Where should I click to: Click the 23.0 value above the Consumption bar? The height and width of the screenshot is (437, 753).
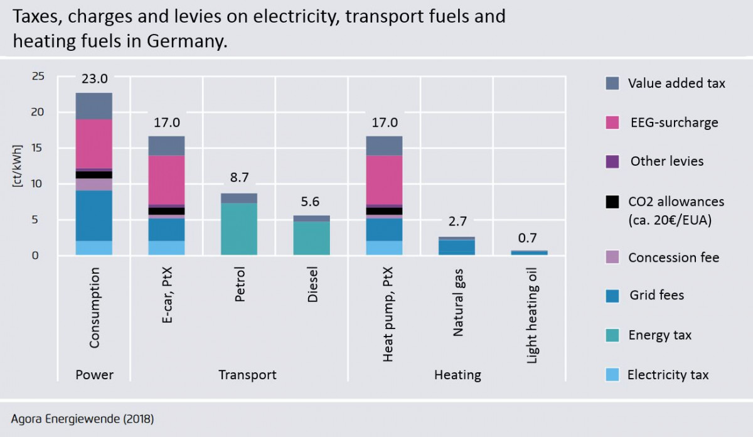point(94,79)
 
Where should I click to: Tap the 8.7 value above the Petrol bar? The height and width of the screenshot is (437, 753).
point(239,178)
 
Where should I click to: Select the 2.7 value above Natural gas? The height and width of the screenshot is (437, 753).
point(457,222)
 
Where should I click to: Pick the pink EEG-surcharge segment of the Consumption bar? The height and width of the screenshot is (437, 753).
point(94,144)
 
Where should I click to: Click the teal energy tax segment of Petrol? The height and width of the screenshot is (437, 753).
point(239,229)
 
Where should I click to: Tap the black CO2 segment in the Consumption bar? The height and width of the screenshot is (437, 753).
point(94,175)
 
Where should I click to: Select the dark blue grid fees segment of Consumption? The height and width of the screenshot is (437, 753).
point(94,215)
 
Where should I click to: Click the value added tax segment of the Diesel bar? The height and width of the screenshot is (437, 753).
point(312,218)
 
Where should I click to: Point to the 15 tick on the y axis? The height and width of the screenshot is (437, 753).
point(38,148)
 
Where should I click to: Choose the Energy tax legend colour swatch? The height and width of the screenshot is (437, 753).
point(612,335)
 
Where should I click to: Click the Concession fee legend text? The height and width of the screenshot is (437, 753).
point(673,257)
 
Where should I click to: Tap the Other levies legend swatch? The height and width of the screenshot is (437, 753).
point(612,161)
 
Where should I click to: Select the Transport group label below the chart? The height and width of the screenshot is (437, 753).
point(247,375)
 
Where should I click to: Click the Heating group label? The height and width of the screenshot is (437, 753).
point(457,375)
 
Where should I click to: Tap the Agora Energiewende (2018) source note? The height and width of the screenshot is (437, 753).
point(82,418)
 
